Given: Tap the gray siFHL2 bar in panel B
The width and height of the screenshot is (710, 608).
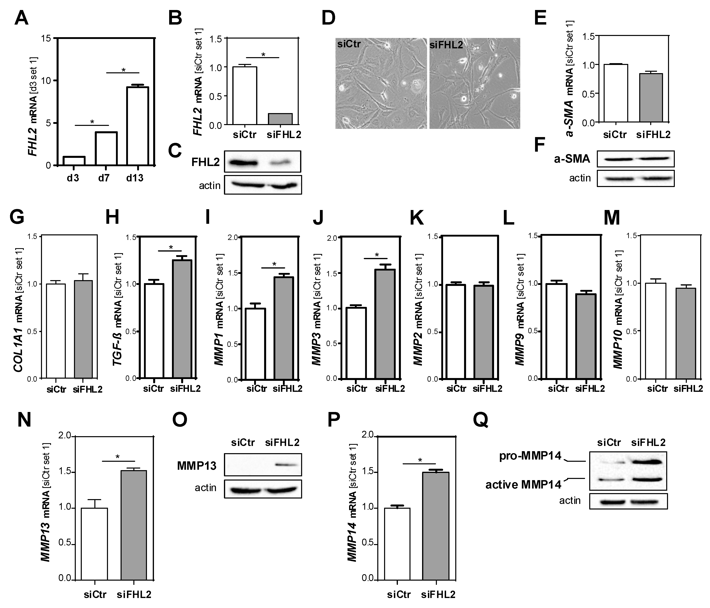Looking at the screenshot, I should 280,119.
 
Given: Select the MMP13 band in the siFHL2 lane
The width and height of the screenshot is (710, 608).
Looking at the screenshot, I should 286,465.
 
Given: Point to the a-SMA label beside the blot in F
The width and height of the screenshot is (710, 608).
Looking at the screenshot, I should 572,159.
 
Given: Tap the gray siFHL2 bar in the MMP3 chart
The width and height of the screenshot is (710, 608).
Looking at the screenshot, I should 384,323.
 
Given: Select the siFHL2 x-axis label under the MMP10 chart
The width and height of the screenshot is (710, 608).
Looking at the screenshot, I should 688,389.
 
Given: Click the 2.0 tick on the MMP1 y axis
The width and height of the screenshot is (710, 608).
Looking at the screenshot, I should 232,237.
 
